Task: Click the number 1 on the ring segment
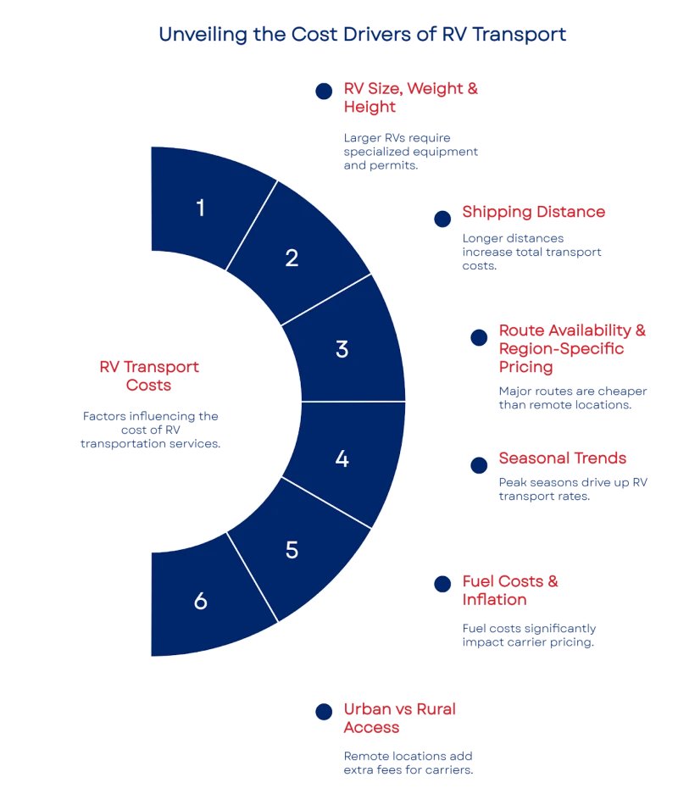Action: (x=200, y=208)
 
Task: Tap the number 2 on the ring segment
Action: (x=292, y=258)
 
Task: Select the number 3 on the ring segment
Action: (x=342, y=349)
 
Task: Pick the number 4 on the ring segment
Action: (x=342, y=459)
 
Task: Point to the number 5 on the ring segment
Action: (x=292, y=550)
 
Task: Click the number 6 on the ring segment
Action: (x=200, y=602)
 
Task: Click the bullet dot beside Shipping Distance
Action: (x=442, y=219)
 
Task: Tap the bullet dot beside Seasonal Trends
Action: (x=479, y=464)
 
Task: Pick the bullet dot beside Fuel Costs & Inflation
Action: (x=442, y=583)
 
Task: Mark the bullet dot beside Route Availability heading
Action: (x=479, y=337)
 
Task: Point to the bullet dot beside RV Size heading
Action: (x=322, y=92)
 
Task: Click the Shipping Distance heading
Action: (x=534, y=213)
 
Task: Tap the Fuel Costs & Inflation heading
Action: (x=511, y=591)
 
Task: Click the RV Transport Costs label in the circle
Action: (x=150, y=375)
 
